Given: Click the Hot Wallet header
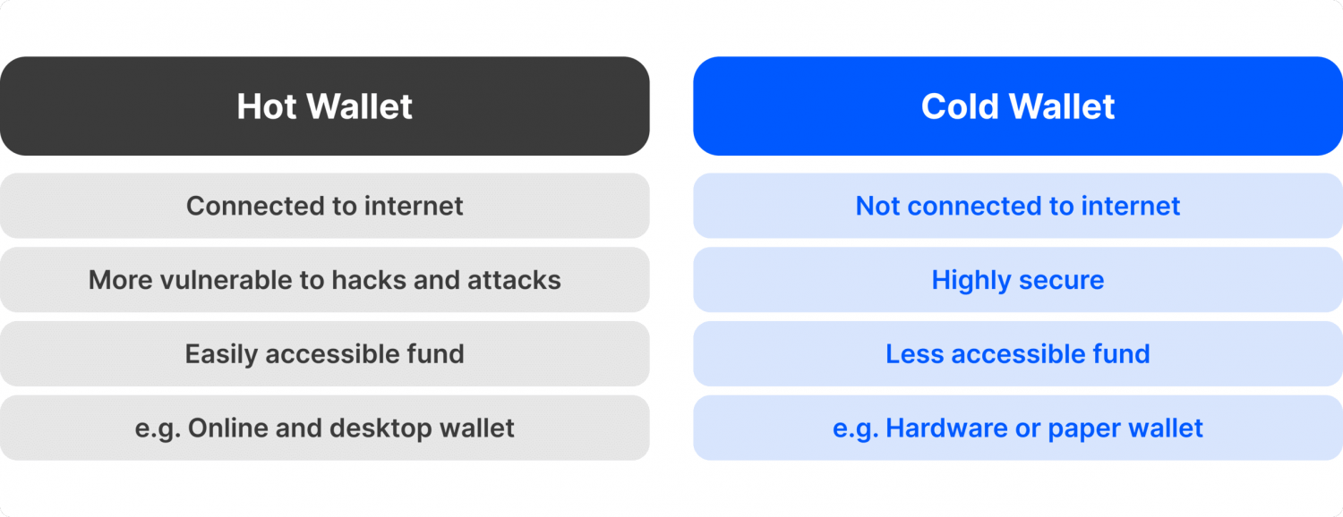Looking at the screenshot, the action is (x=324, y=106).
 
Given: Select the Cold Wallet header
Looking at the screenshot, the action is (x=1018, y=106).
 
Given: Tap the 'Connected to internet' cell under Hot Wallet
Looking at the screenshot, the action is (x=324, y=206).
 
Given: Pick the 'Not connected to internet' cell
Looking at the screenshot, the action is (x=1018, y=206).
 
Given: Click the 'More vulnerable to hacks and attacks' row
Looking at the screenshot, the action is (x=324, y=280).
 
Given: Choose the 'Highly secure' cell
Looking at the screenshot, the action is (x=1018, y=280).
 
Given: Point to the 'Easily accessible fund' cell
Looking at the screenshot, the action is (x=324, y=353).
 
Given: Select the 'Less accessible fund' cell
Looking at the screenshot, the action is (x=1018, y=353).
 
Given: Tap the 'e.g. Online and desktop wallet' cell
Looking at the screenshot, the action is (x=324, y=428).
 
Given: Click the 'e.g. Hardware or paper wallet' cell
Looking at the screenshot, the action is (x=1018, y=428).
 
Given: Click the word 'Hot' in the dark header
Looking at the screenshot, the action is (x=267, y=106).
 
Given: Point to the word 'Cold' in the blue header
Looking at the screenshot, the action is (x=959, y=106).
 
